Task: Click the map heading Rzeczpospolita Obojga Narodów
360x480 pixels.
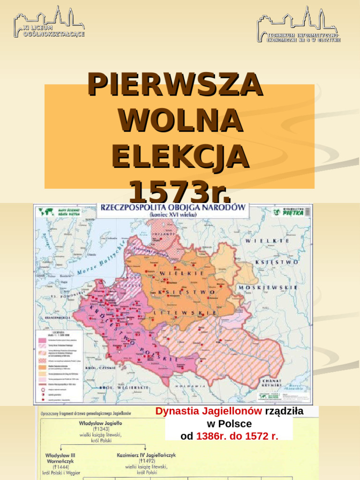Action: click(172, 207)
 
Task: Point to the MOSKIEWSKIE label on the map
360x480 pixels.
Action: click(268, 287)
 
